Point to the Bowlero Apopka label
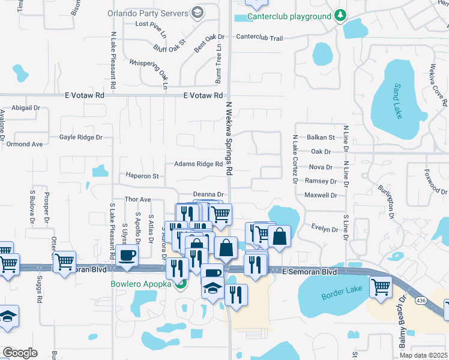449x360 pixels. pyautogui.click(x=144, y=284)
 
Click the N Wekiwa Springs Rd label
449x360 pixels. pyautogui.click(x=229, y=138)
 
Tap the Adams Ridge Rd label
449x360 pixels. pyautogui.click(x=194, y=164)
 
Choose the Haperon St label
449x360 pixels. pyautogui.click(x=142, y=176)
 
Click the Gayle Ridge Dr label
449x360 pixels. pyautogui.click(x=81, y=137)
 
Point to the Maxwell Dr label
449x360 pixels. pyautogui.click(x=321, y=195)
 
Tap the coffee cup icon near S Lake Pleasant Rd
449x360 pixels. pyautogui.click(x=127, y=256)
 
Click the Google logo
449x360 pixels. pyautogui.click(x=20, y=353)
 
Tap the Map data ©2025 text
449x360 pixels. pyautogui.click(x=423, y=355)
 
